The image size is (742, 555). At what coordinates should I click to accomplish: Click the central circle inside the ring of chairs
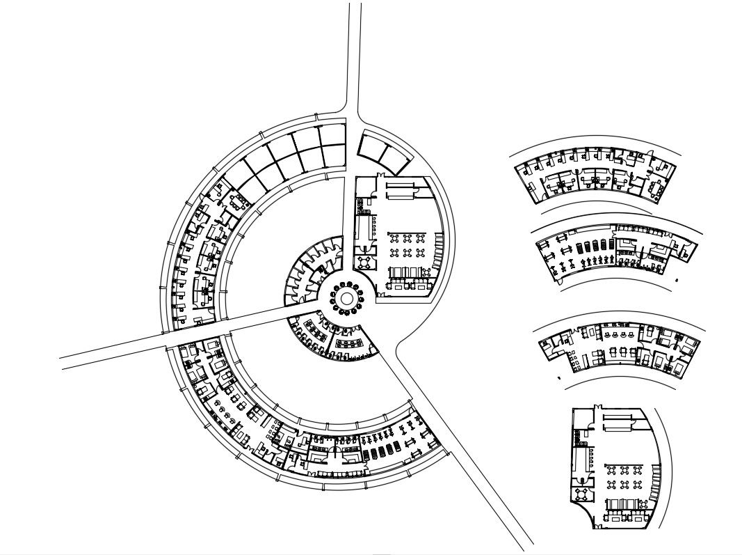346,299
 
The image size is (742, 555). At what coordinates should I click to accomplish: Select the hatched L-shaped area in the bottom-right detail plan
576,437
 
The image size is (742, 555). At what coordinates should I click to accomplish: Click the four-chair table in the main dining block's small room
365,262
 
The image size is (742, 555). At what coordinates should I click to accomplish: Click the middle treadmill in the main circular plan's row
381,453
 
